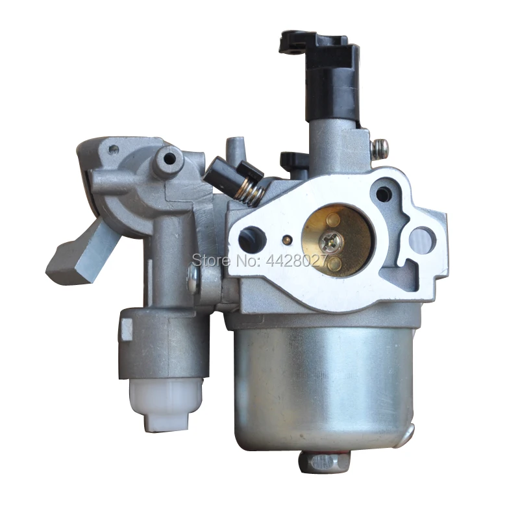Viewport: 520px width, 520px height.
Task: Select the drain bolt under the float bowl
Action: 318,462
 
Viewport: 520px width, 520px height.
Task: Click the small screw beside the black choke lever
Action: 381,149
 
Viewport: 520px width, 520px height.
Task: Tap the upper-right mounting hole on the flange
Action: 384,193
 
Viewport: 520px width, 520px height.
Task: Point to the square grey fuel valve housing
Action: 156,344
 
